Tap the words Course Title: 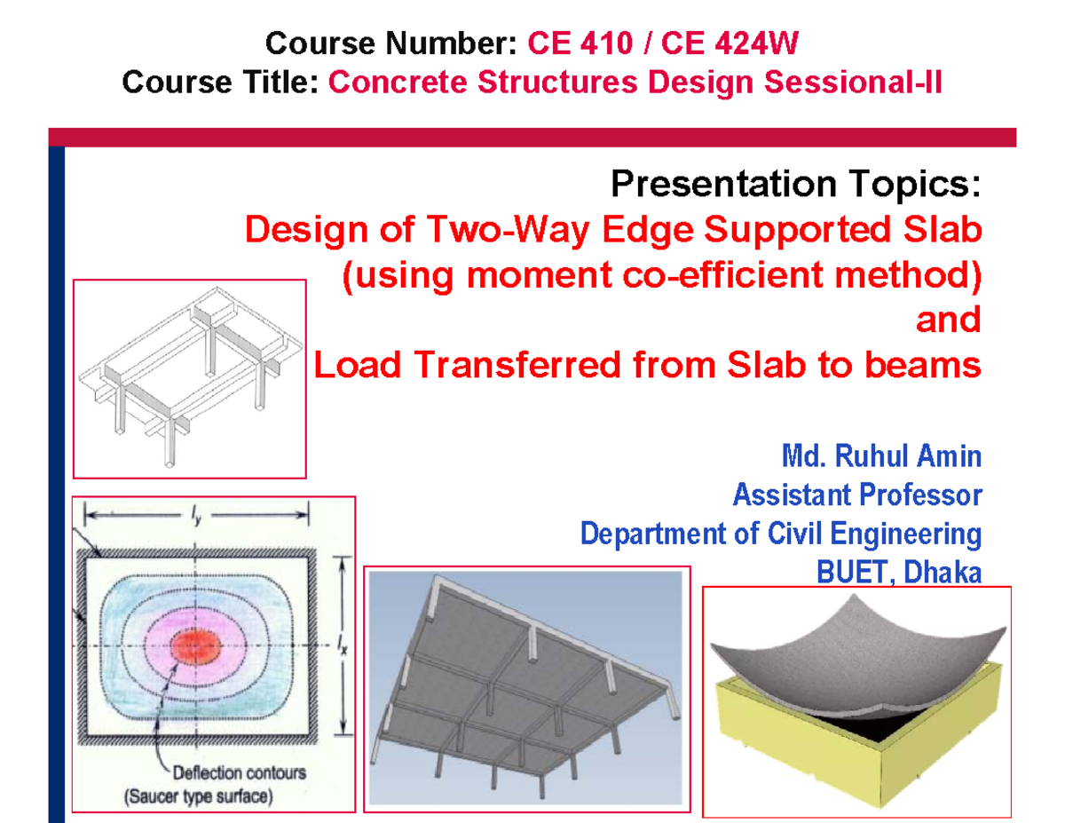[221, 83]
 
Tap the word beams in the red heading [931, 366]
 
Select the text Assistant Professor [856, 495]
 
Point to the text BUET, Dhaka [898, 573]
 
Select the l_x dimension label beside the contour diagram [343, 647]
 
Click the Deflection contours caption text [233, 772]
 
